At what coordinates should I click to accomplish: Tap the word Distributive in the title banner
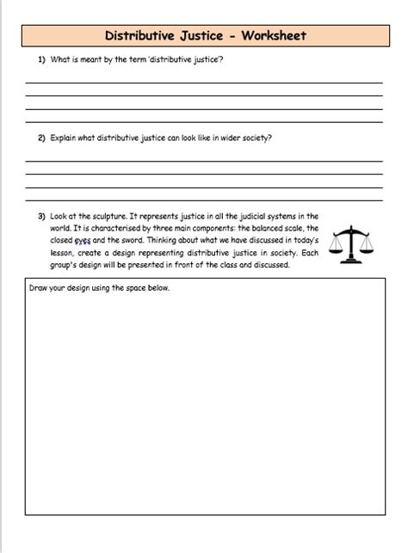coord(139,36)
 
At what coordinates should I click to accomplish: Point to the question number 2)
coord(41,137)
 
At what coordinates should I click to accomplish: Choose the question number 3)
coord(41,216)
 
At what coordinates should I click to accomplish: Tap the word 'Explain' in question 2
coord(66,137)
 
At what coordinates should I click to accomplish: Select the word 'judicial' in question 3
coord(257,216)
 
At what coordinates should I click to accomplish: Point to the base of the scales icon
coord(357,262)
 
